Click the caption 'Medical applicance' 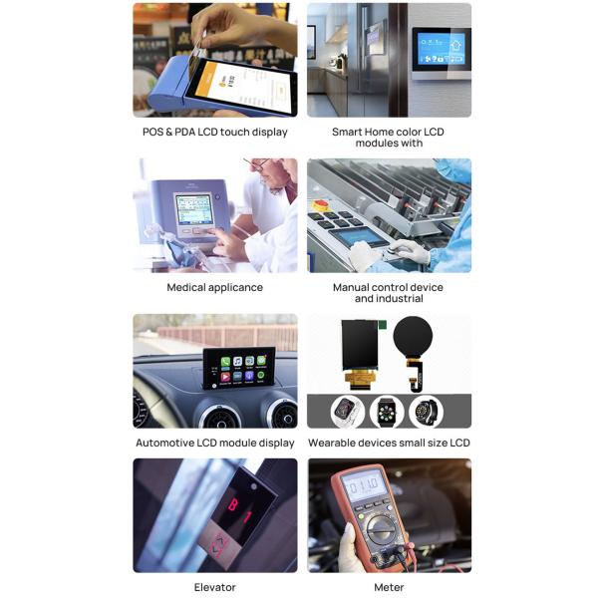214,287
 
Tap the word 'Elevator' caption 214,587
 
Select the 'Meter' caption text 389,587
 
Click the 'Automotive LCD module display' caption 214,443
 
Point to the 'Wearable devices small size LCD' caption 389,443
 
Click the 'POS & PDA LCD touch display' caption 214,132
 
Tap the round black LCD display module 413,337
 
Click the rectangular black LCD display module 359,345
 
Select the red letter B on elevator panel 233,504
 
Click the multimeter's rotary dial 381,529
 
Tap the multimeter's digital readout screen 363,485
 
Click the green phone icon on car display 225,362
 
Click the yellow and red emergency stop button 321,204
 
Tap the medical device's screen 194,209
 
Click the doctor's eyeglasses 259,164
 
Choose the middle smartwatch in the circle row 387,412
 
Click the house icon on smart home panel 455,46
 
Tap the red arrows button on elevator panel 218,545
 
